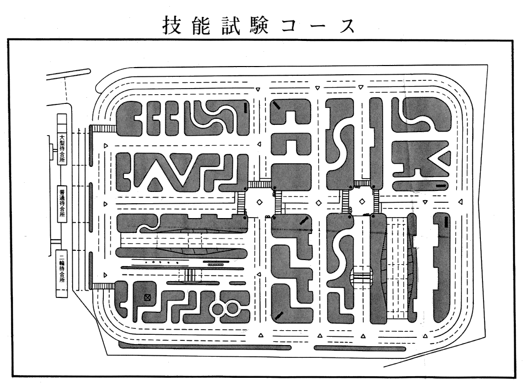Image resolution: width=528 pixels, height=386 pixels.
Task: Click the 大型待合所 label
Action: [x=62, y=148]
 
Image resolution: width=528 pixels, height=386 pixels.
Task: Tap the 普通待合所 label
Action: [x=62, y=203]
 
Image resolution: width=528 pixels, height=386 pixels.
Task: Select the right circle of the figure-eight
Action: [x=232, y=309]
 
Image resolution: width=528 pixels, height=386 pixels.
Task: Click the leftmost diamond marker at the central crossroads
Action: [x=260, y=202]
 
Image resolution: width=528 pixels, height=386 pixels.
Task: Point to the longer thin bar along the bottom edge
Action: [x=205, y=347]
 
